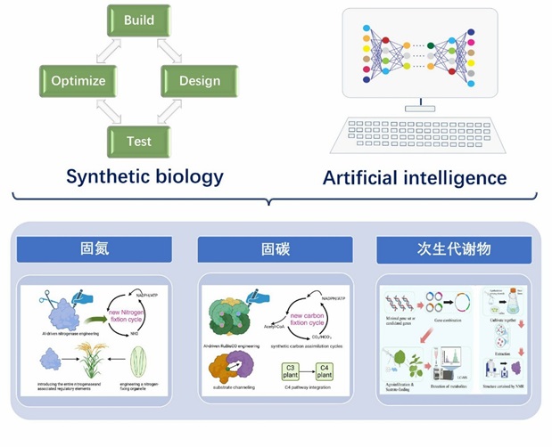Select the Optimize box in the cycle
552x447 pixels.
click(78, 82)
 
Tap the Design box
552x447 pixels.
click(199, 82)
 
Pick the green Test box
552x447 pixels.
click(138, 142)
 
